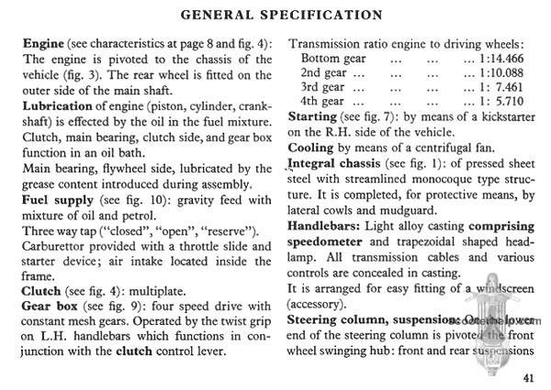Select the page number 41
(x=527, y=376)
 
